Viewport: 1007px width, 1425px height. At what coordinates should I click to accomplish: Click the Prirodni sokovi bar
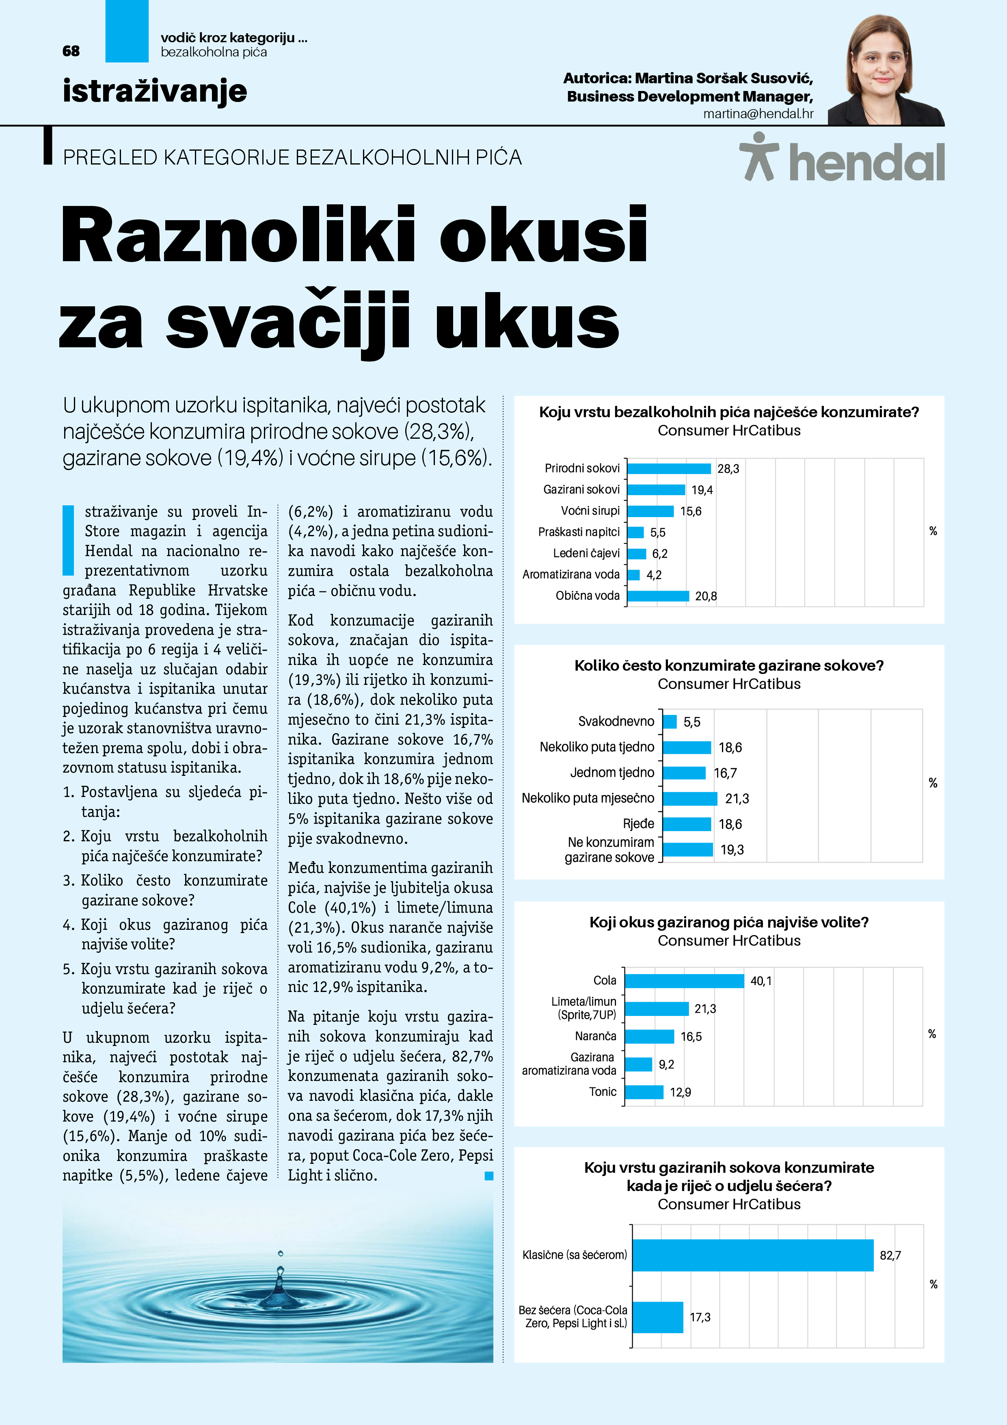(669, 469)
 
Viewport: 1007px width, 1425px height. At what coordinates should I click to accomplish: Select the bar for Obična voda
(658, 596)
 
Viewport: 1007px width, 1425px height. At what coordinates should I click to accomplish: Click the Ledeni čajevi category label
(586, 553)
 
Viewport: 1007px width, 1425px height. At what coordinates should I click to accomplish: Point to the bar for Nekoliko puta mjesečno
(690, 799)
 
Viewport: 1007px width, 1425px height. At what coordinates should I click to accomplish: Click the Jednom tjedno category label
(612, 773)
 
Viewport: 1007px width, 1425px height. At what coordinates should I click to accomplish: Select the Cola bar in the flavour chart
(684, 981)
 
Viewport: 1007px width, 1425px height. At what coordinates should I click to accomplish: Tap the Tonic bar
(644, 1092)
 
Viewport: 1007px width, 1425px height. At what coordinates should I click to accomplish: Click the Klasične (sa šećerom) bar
(753, 1255)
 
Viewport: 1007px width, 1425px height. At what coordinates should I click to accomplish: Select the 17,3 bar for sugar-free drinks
(658, 1317)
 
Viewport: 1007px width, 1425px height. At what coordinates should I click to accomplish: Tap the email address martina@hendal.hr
(758, 114)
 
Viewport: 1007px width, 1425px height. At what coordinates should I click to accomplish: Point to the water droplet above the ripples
(281, 1253)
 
